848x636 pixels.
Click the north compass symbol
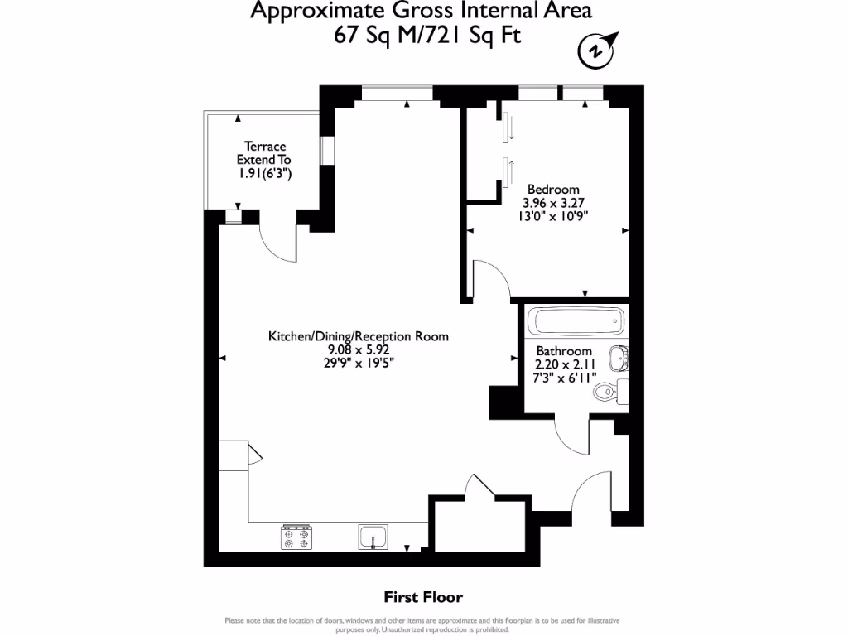point(596,50)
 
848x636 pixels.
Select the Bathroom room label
point(564,351)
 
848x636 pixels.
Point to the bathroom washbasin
point(618,359)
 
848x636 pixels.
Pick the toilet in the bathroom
point(611,389)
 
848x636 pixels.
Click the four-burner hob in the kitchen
point(296,537)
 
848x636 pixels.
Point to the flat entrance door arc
point(590,493)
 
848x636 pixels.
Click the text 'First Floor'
point(423,596)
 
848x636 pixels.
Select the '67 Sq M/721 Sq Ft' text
point(427,35)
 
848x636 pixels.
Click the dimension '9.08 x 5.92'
point(358,349)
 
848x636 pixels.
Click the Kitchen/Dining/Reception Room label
point(358,336)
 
